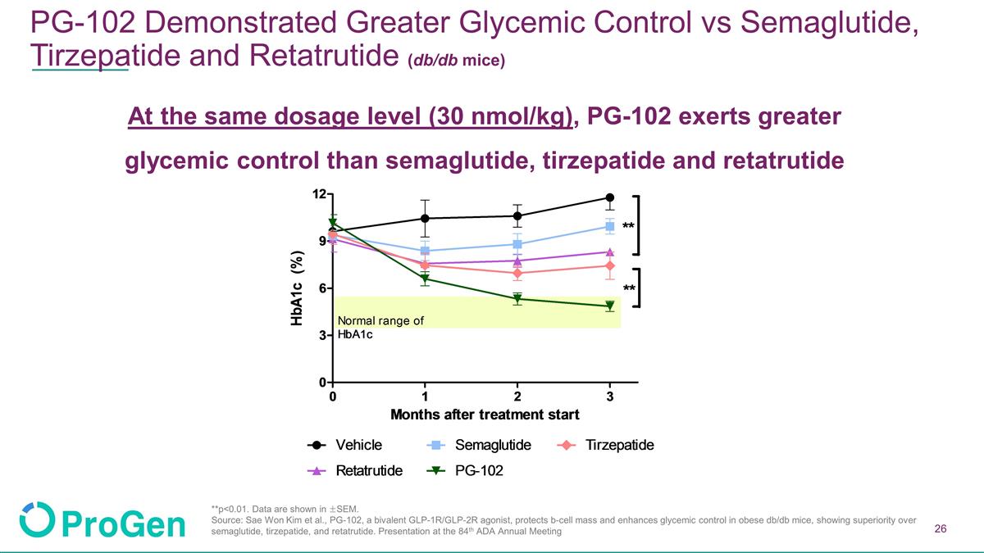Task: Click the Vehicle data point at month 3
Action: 610,197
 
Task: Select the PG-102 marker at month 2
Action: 517,300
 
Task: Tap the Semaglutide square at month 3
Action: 610,226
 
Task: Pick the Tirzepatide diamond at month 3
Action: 610,266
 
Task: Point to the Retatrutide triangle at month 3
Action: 610,252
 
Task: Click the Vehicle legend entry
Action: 344,445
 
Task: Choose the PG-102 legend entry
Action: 465,471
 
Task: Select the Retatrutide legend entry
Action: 354,471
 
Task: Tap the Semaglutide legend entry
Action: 479,445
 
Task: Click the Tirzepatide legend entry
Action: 605,445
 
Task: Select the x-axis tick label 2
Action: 517,397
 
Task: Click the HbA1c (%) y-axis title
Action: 297,288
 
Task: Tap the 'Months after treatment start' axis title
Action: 485,415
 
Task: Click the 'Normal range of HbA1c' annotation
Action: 380,328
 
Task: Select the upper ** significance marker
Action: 628,227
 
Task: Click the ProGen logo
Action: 102,520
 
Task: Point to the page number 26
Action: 941,528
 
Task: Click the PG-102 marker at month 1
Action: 425,279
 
